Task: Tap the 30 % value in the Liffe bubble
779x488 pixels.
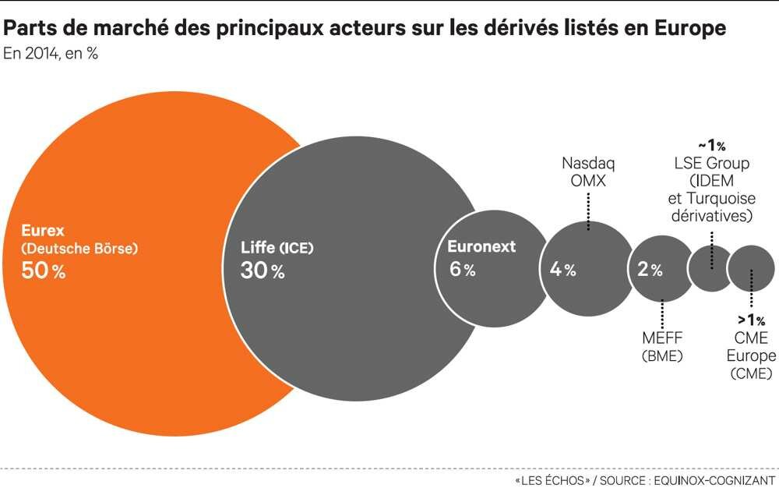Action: (263, 271)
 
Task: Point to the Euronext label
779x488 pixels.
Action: (481, 247)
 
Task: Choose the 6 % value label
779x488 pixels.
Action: (462, 270)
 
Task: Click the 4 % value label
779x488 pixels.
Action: (562, 270)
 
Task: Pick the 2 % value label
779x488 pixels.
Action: (650, 270)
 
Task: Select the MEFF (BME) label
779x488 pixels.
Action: (662, 347)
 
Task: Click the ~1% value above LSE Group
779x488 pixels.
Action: (713, 146)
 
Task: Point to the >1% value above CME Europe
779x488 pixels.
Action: (752, 320)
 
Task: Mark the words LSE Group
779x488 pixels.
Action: (712, 164)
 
